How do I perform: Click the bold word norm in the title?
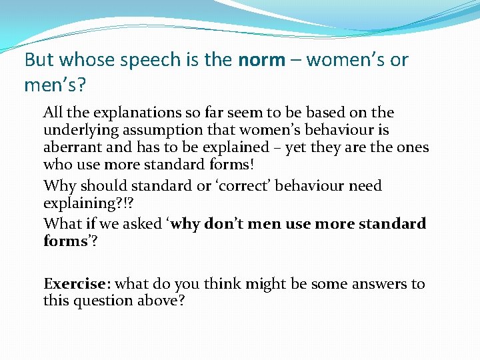click(x=261, y=59)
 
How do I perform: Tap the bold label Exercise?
click(x=75, y=283)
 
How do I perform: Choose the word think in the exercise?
click(x=223, y=283)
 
